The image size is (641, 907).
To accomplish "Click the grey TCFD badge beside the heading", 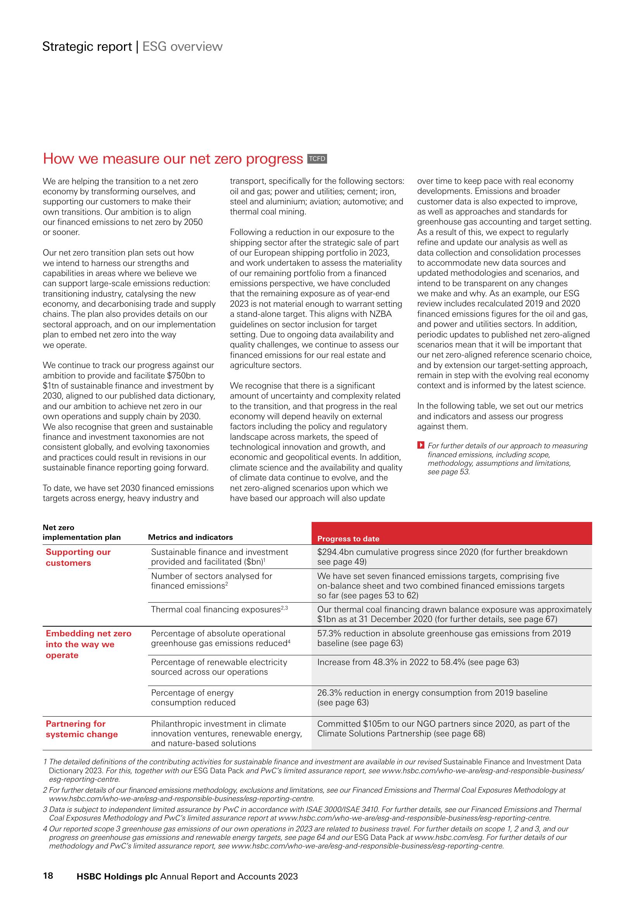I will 317,159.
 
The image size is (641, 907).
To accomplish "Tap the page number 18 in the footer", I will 48,876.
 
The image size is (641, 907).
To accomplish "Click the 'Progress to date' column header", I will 348,539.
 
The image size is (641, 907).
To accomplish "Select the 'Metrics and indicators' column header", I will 190,537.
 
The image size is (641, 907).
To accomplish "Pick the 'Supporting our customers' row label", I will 78,557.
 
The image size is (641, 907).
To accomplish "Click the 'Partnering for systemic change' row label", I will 82,729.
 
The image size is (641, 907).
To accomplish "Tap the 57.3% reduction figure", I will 329,633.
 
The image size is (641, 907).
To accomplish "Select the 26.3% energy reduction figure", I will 329,693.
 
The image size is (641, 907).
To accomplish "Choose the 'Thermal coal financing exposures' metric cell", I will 219,610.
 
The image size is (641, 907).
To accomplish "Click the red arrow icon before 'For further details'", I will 421,446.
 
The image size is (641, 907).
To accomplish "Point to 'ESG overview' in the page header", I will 183,47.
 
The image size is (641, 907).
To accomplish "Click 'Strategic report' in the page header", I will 87,47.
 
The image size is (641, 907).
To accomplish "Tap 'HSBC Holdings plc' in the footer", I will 117,876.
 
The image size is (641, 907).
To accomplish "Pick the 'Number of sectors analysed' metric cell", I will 212,581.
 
